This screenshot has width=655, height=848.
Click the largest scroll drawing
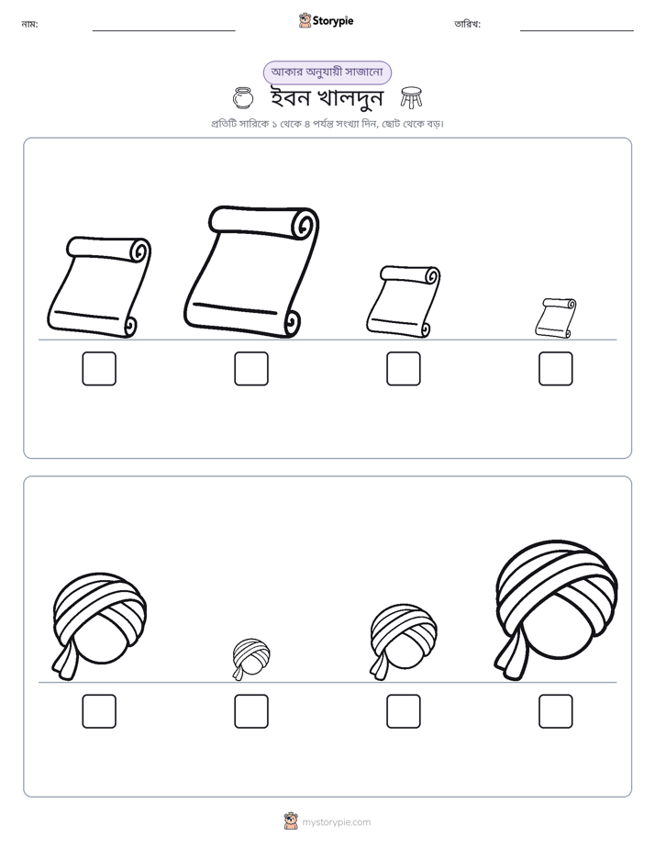pos(251,272)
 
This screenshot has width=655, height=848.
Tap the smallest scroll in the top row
pos(556,318)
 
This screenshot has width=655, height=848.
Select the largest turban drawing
pos(556,610)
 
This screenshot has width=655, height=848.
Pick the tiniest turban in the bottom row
pos(251,659)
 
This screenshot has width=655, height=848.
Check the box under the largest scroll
pos(251,369)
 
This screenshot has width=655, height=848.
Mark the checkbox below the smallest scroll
pos(556,369)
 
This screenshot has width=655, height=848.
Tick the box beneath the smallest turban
pos(251,711)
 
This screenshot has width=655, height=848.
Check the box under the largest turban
pos(556,711)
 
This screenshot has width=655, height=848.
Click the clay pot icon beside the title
pos(243,98)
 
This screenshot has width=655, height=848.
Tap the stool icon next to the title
pos(411,97)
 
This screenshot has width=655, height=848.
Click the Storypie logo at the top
pos(327,20)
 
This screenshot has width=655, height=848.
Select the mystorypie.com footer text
pos(336,822)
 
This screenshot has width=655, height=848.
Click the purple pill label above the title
pos(327,73)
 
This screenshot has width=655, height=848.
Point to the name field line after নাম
pos(163,31)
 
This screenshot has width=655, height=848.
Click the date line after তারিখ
pos(577,31)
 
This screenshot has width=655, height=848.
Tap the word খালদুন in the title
pos(350,98)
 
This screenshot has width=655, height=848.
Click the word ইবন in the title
pos(290,97)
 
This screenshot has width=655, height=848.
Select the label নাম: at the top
pos(29,24)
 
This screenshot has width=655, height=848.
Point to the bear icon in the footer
pos(291,821)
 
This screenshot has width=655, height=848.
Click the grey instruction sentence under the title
pos(327,124)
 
